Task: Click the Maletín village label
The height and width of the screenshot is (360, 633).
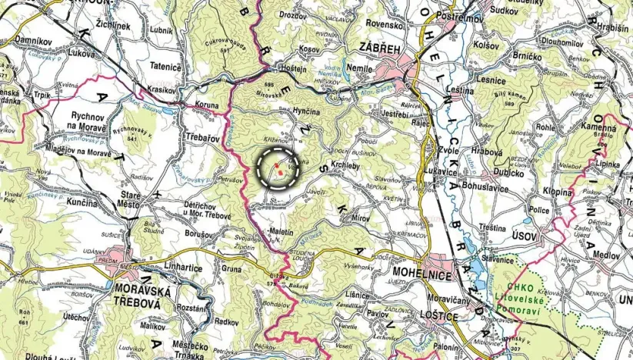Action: [283, 231]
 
